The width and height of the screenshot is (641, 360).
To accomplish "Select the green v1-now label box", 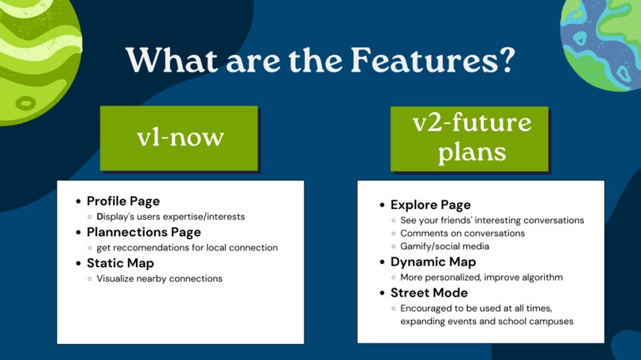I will [x=180, y=137].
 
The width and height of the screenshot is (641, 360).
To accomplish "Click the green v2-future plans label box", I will [x=471, y=138].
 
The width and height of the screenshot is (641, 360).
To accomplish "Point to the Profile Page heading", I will [x=123, y=201].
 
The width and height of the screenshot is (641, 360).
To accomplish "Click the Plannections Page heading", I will [x=143, y=232].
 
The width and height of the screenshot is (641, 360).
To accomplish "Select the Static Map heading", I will [x=120, y=263].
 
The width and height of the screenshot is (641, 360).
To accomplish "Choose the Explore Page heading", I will [x=430, y=205].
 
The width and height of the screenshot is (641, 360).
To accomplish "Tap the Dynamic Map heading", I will [x=433, y=262].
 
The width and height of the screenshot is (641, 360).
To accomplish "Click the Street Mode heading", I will [x=427, y=293].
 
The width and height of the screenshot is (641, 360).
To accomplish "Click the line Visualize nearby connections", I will [x=159, y=279].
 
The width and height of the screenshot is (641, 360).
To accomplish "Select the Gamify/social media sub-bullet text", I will [x=445, y=246].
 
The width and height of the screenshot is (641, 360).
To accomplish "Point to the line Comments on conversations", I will [x=462, y=234].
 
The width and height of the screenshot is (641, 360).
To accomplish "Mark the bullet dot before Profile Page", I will [x=78, y=202].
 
